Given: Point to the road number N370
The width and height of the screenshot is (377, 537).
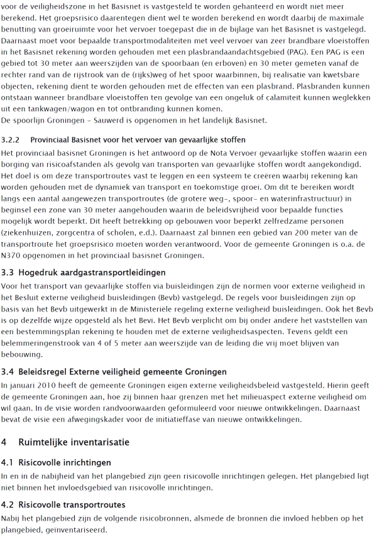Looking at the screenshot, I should point(13,256).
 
